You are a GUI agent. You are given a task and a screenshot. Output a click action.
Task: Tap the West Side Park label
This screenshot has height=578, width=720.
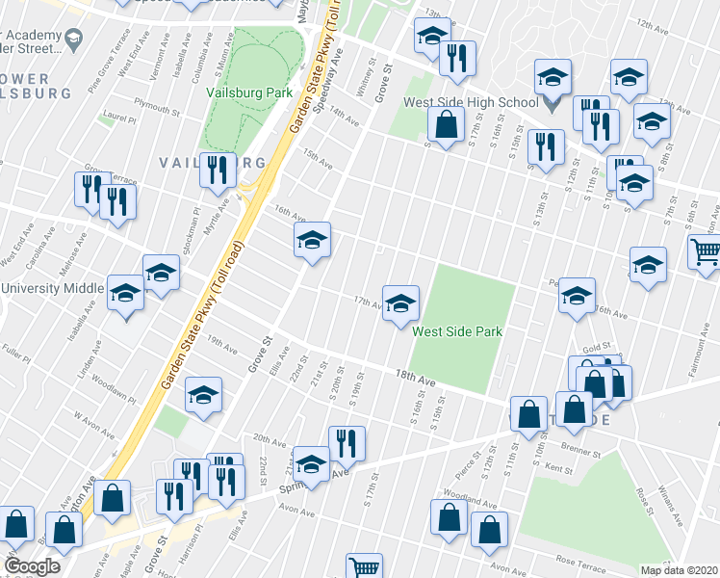point(457,331)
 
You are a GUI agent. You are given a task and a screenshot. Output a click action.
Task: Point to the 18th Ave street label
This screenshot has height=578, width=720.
point(416,377)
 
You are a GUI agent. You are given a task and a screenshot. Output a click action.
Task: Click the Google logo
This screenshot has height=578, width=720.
point(32,566)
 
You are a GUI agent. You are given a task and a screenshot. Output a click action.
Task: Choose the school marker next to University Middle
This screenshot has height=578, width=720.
point(125,293)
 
